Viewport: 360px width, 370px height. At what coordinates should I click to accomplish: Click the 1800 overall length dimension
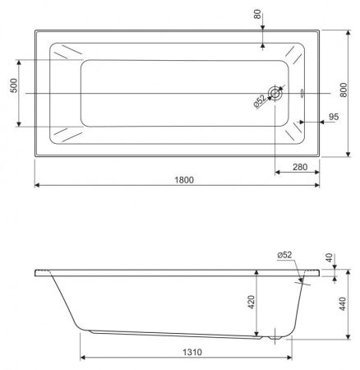coord(182,181)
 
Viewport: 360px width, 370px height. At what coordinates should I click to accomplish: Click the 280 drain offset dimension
coord(300,168)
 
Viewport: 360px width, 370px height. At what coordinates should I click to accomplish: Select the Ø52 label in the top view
coord(259,101)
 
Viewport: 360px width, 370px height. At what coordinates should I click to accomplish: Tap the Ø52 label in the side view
coord(285,255)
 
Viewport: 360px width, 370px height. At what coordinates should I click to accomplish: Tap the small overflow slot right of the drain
coord(302,93)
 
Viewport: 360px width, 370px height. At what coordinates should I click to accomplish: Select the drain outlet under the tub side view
coord(274,337)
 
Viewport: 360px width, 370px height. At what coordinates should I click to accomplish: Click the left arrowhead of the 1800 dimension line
coord(37,187)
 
